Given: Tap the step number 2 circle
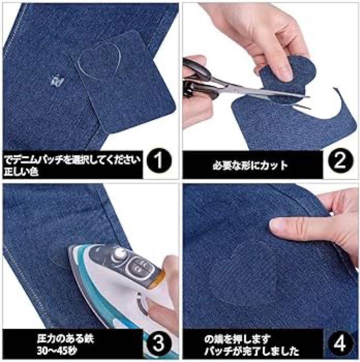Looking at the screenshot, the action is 340,161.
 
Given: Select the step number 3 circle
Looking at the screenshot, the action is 159,343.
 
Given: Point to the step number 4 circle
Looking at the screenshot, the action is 340,343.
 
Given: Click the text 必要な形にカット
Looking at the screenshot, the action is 250,165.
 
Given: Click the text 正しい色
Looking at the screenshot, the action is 21,171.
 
